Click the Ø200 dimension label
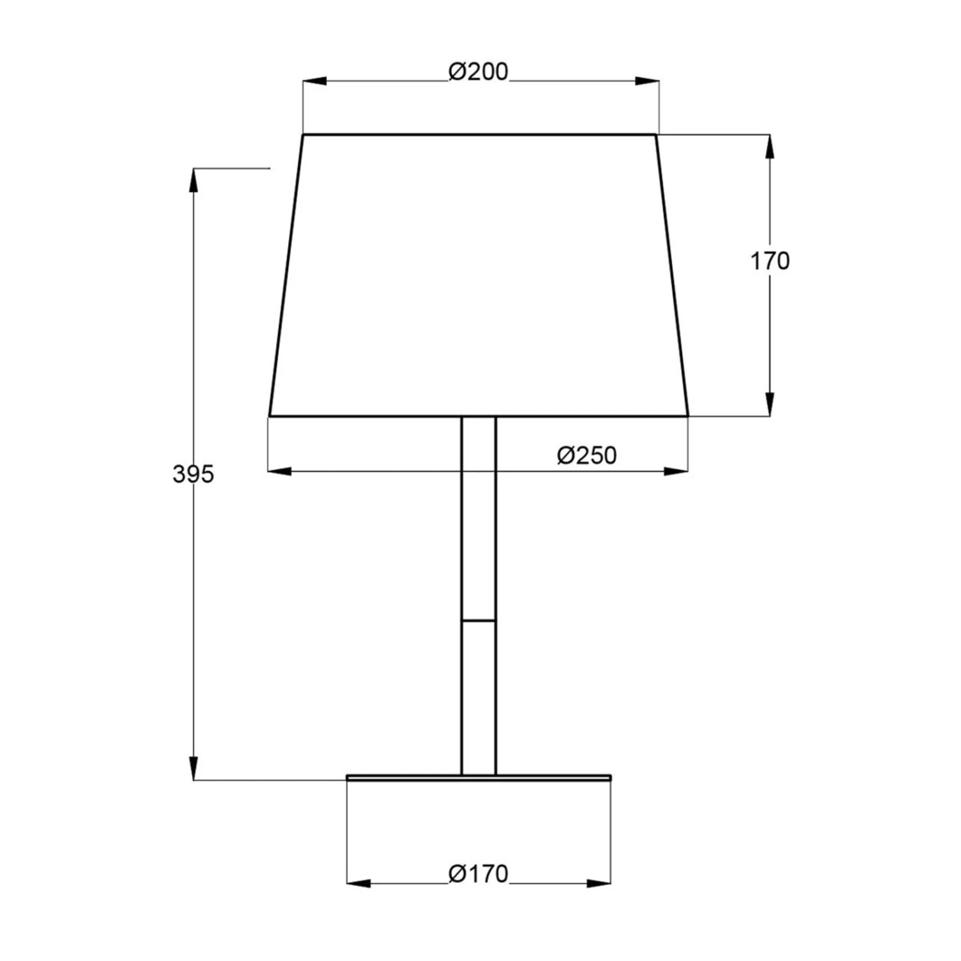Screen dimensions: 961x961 coord(478,71)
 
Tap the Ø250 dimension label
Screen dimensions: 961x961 coord(587,456)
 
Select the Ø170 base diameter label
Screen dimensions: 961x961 coord(478,873)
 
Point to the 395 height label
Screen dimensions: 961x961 coord(193,474)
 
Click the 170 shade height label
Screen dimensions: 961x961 coord(770,261)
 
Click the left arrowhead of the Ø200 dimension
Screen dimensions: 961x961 coord(315,81)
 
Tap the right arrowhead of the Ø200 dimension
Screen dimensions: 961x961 coord(646,81)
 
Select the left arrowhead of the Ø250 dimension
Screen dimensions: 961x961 coord(279,472)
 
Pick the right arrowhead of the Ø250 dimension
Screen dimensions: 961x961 coord(676,472)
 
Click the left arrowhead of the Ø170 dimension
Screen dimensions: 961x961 coord(359,884)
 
